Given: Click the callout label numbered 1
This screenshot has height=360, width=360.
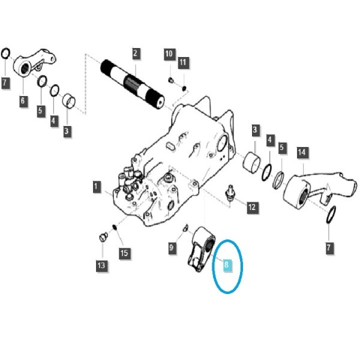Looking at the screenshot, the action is point(97,187).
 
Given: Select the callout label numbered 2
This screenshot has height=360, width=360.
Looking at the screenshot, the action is point(136,54).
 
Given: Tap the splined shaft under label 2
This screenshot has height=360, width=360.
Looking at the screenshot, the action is point(133,84).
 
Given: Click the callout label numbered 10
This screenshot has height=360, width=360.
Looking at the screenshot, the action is point(169,54).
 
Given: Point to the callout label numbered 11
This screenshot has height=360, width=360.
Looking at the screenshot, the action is point(183,62).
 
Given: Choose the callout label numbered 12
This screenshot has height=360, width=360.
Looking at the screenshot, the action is point(253,208).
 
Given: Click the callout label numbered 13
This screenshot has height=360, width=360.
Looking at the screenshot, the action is point(102,266).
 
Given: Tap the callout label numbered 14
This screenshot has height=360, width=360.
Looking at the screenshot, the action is point(302,152).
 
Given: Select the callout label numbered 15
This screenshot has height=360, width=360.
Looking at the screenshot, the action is point(124,253).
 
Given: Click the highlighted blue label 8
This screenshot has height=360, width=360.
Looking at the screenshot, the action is point(227,265).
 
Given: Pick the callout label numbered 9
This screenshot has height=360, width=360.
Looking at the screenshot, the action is point(172,248).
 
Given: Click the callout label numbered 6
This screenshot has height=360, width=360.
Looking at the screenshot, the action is point(23,101).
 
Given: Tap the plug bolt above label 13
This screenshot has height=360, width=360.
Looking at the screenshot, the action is point(104,237).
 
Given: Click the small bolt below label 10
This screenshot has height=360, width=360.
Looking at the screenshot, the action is point(171,80).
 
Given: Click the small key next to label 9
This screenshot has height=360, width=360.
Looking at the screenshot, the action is point(186,227).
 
